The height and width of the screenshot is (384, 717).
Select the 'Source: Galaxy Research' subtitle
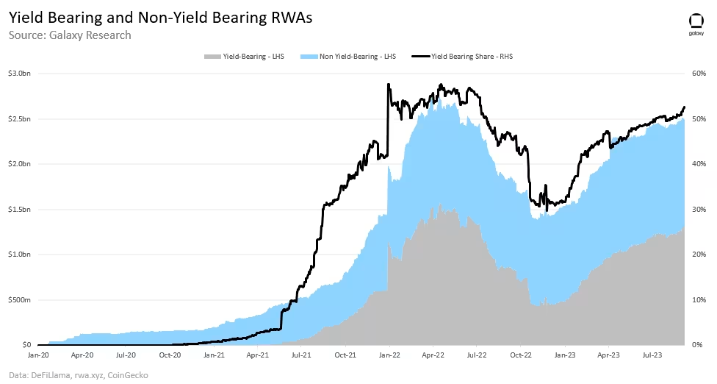click(70, 35)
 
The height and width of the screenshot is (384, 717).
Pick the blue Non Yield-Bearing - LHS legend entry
click(351, 56)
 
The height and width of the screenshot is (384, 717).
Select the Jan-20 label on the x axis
click(38, 355)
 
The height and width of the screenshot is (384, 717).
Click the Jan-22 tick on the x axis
click(389, 355)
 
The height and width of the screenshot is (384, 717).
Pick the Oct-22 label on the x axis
click(520, 355)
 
